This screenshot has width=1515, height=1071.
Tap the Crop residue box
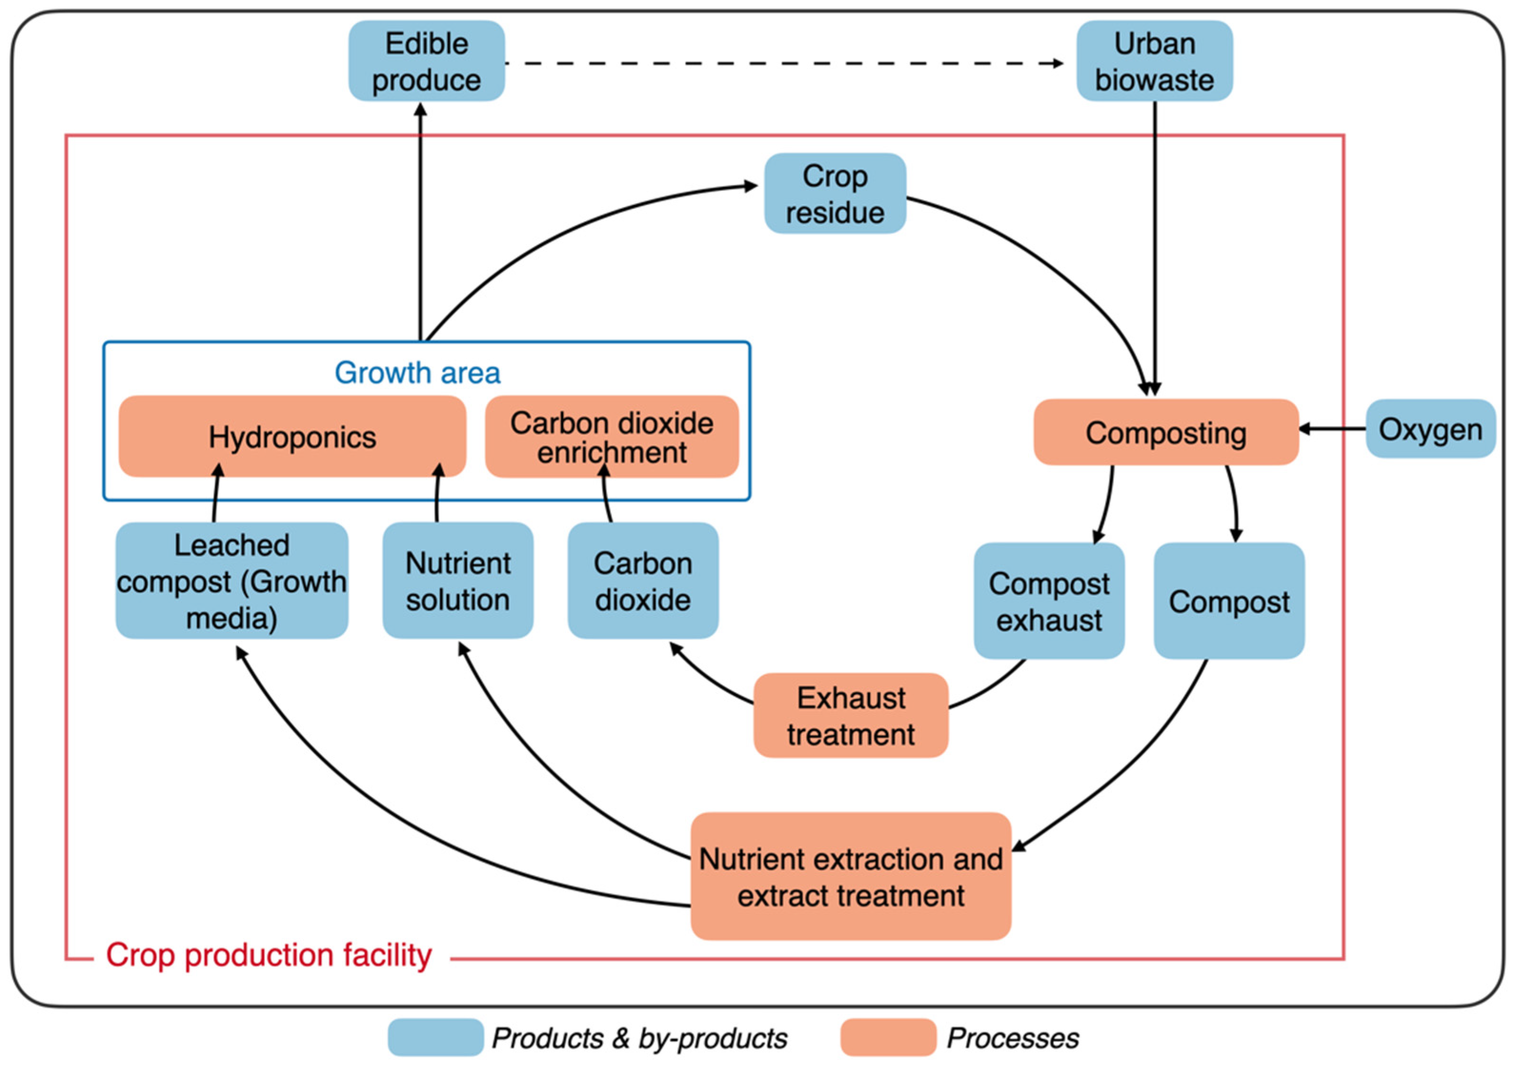[x=835, y=193]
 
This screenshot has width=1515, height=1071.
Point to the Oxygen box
[x=1430, y=429]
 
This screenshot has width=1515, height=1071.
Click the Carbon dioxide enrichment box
[x=611, y=436]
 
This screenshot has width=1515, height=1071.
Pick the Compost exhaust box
[x=1048, y=601]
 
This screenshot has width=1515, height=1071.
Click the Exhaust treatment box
[x=851, y=715]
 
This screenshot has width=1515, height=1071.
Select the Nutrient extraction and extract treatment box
[x=851, y=876]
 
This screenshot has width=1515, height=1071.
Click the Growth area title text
[x=417, y=373]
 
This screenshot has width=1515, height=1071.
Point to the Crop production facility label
[x=269, y=955]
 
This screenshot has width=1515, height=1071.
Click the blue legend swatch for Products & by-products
[x=435, y=1037]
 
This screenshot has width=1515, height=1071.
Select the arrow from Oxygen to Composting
[x=1333, y=429]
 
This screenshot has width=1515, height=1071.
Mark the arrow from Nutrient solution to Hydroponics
[x=437, y=495]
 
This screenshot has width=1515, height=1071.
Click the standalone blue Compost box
[x=1229, y=601]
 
